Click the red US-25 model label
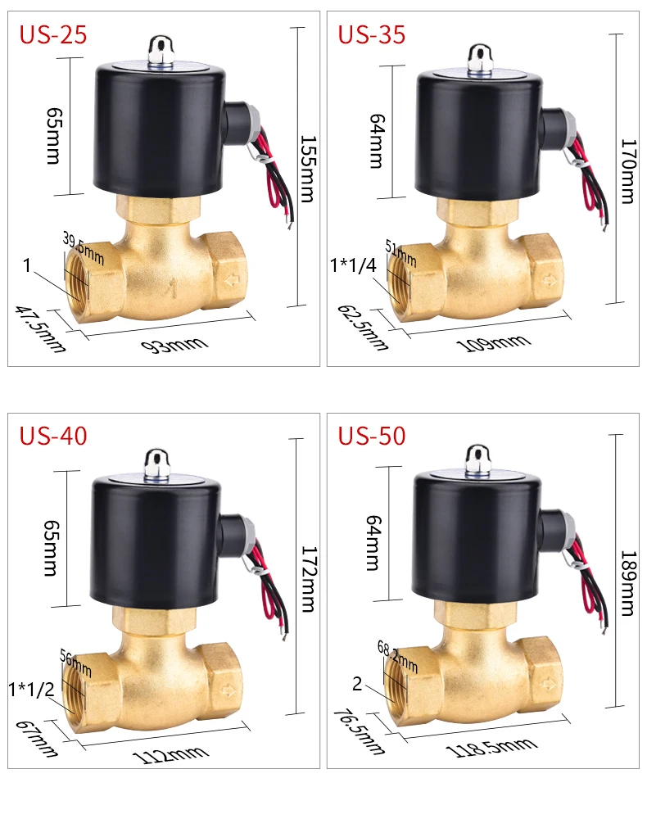[x=52, y=34]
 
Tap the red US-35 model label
[x=371, y=34]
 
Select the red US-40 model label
[x=52, y=436]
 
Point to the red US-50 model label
[x=371, y=436]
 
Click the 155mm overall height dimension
[x=308, y=169]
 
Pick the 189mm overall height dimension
[x=628, y=583]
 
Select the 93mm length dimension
[x=175, y=345]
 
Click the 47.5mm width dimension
[x=41, y=329]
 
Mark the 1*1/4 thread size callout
[x=353, y=265]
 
